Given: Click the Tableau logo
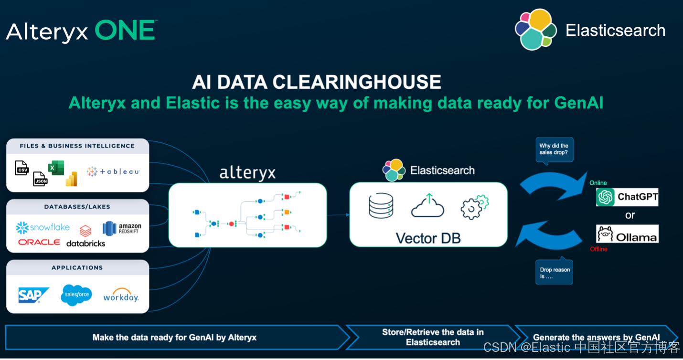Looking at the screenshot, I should tap(113, 171).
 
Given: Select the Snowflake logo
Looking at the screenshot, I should tap(43, 228).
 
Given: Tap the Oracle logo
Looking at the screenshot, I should tap(39, 243).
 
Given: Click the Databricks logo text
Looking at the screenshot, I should tap(85, 243).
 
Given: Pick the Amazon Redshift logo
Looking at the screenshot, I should tap(122, 228).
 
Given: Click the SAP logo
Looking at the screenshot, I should tap(33, 295).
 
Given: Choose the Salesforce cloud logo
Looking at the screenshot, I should tap(76, 295).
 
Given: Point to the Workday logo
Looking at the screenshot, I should tap(121, 296).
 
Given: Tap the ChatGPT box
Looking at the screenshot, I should tap(627, 197).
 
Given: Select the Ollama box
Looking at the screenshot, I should tap(627, 234).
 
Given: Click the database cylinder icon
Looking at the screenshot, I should tap(381, 206).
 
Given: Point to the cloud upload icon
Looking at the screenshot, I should tap(427, 206).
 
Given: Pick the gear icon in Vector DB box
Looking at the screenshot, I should tap(474, 207).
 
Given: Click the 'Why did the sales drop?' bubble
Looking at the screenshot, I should tap(554, 149).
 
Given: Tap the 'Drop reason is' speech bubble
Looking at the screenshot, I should tap(554, 273).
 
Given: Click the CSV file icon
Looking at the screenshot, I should tap(21, 168).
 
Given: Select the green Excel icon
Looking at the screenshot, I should tap(56, 168).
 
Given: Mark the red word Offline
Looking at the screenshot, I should tap(598, 249).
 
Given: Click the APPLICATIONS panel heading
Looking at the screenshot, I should tap(77, 268).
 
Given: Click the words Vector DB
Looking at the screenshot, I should tap(428, 238).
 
